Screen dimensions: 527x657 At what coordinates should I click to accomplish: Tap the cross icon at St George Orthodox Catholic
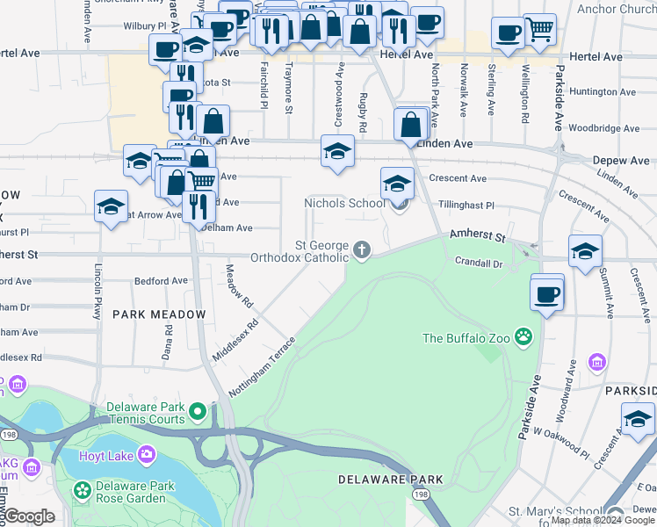361,251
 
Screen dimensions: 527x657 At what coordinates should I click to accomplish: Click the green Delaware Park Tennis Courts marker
198,411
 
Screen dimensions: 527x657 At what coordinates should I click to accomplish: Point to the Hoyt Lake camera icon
145,455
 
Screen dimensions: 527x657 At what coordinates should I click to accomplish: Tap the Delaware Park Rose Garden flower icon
83,489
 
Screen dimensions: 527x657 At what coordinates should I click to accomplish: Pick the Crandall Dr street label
479,263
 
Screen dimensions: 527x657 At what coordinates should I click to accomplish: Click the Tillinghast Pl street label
466,206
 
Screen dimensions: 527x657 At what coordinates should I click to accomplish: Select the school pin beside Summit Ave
585,251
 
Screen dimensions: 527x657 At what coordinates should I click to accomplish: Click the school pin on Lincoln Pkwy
111,206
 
